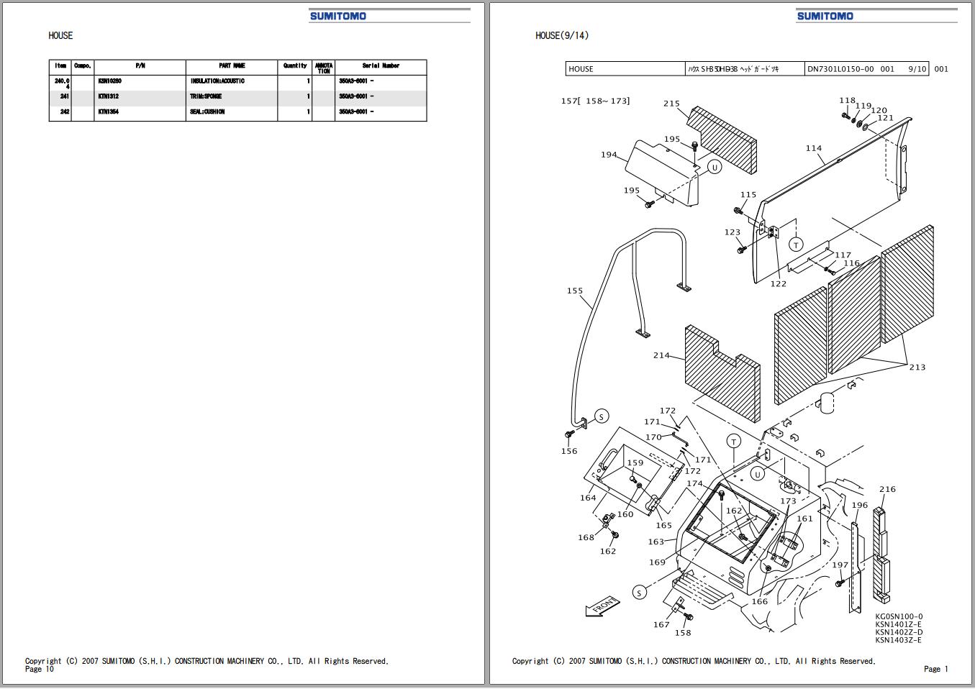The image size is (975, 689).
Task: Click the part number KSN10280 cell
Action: click(109, 81)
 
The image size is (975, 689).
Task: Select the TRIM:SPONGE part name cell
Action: click(206, 96)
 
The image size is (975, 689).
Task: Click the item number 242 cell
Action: click(65, 112)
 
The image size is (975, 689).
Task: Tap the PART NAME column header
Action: click(232, 66)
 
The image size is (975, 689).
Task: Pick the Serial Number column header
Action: click(381, 66)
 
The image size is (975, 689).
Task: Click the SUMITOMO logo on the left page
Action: click(337, 16)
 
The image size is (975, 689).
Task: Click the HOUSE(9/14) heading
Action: click(561, 35)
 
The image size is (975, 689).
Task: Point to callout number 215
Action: click(671, 104)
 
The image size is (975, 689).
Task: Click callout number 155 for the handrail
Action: click(574, 291)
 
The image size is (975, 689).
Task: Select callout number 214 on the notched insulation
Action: click(661, 355)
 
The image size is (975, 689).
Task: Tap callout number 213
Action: click(917, 368)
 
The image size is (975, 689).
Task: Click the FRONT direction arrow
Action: click(602, 606)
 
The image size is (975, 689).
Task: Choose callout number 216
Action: click(887, 489)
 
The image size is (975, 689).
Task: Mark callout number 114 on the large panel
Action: click(813, 149)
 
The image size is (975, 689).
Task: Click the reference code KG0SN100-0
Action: click(899, 616)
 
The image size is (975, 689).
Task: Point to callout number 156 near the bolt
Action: click(569, 452)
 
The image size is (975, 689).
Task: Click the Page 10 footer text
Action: click(40, 670)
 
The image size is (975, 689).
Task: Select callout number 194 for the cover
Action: click(609, 155)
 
